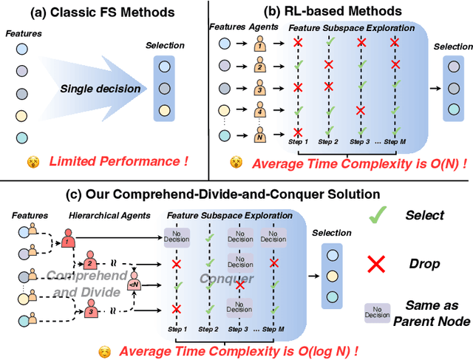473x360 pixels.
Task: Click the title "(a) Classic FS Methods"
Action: (x=100, y=13)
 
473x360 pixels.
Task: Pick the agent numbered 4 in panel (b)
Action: (x=260, y=114)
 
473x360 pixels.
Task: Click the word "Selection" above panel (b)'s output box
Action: (x=453, y=46)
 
